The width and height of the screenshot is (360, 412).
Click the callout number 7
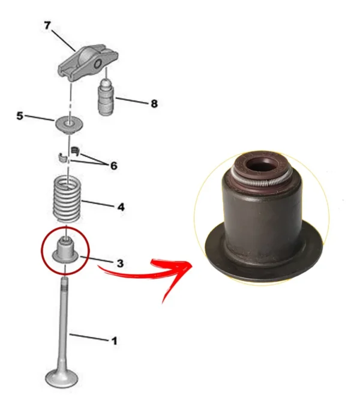pos(47,26)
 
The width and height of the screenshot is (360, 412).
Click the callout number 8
pos(154,103)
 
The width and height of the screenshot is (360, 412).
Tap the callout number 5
pos(20,115)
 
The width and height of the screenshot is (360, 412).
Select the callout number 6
pos(113,166)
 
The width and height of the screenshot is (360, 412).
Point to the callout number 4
pos(121,207)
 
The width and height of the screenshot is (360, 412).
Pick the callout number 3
pos(120,263)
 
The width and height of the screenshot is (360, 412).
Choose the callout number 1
pos(114,341)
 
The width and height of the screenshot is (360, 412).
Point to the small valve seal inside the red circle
pos(65,251)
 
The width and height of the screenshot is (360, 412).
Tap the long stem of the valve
pos(64,323)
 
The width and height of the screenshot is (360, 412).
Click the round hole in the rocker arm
pos(98,64)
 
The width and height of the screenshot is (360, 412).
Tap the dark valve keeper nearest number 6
pos(76,150)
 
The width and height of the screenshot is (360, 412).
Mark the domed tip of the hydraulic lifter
pos(106,83)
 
